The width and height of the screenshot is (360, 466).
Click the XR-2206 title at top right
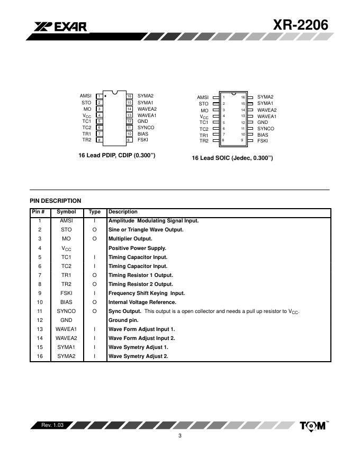point(301,24)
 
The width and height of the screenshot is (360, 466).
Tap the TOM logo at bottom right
point(313,426)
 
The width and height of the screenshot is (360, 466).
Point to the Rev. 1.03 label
point(52,425)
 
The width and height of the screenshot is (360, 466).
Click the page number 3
point(180,436)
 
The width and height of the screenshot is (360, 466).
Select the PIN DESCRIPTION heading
point(56,201)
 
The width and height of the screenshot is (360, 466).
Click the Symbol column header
point(66,212)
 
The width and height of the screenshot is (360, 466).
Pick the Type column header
point(94,212)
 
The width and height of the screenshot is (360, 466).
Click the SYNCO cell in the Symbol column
point(66,311)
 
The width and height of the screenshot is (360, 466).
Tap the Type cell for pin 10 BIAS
point(94,302)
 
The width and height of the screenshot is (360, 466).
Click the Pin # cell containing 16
point(39,356)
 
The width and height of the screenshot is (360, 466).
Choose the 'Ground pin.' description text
point(126,320)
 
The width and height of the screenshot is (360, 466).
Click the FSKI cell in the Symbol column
point(66,293)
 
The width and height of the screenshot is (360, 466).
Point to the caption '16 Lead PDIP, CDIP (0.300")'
point(116,155)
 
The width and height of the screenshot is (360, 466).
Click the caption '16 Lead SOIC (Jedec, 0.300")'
point(232,158)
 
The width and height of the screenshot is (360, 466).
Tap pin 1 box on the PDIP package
point(99,96)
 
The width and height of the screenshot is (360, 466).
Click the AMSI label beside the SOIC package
point(203,97)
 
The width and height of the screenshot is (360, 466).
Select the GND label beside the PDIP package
point(143,121)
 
